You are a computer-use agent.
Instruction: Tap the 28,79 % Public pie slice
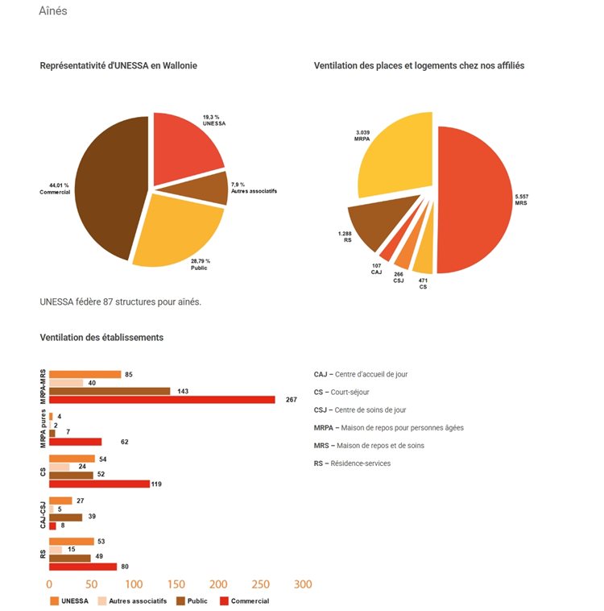(179, 229)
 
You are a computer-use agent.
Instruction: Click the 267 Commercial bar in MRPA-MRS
(162, 399)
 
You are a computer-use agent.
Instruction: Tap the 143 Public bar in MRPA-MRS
(110, 391)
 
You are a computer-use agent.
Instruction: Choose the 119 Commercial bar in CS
(99, 484)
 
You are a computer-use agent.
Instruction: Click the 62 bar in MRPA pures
(76, 442)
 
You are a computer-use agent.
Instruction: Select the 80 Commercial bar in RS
(83, 567)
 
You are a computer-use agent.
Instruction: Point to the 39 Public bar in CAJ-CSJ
(65, 517)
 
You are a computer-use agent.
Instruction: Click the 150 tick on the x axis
(176, 584)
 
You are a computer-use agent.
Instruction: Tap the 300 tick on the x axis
(303, 584)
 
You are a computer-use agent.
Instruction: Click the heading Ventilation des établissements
(101, 338)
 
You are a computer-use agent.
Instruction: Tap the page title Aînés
(53, 11)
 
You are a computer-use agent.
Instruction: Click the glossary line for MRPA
(388, 427)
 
